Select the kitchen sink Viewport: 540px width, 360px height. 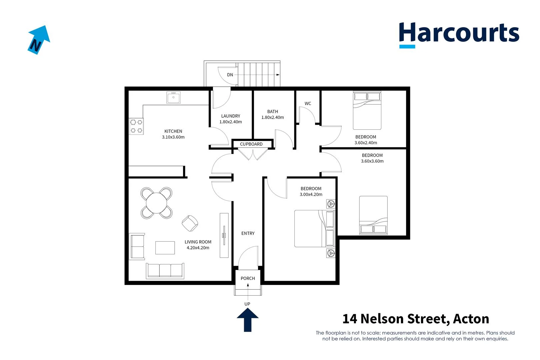173,98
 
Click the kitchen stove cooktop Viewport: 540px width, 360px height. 136,126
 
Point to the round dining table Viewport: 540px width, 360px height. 157,203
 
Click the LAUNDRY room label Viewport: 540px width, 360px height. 230,116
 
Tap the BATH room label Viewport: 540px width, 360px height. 272,112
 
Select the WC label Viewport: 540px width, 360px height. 308,104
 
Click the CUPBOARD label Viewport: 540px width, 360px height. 251,144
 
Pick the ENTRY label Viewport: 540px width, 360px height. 248,233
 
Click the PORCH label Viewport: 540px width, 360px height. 248,278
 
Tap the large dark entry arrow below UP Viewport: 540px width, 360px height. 248,320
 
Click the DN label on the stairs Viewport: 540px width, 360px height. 230,75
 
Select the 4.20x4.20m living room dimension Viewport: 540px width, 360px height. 198,248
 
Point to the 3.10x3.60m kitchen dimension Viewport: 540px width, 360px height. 173,137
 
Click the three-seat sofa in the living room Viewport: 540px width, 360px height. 165,270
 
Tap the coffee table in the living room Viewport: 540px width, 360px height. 165,248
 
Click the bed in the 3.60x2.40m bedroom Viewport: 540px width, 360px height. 367,111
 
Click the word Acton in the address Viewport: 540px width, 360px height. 471,319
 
